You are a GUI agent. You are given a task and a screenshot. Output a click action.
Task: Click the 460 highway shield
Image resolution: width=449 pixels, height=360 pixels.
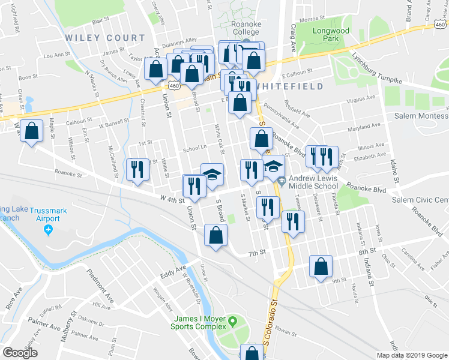point(174,86)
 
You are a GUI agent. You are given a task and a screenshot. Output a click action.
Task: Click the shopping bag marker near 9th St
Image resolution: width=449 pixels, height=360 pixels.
point(322,266)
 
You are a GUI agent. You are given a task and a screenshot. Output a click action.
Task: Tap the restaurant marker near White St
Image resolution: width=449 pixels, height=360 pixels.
point(137,169)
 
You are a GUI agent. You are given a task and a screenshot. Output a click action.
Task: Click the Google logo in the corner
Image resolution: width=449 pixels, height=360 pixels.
point(20,353)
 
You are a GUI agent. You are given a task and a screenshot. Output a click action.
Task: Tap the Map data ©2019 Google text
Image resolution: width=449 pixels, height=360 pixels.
point(412,355)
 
